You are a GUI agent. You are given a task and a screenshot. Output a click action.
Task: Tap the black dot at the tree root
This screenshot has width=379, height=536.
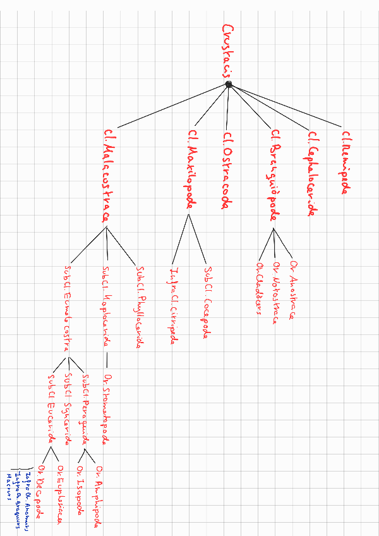(x=229, y=85)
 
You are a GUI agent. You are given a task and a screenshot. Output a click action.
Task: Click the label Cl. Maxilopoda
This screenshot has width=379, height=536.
(x=191, y=169)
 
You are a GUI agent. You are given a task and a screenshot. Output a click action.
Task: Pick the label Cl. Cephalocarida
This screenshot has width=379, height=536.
(x=311, y=173)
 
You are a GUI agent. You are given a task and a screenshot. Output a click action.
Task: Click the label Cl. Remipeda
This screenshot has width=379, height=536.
(x=346, y=162)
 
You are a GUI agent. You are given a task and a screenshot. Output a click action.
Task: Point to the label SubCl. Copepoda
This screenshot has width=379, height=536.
(x=207, y=302)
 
